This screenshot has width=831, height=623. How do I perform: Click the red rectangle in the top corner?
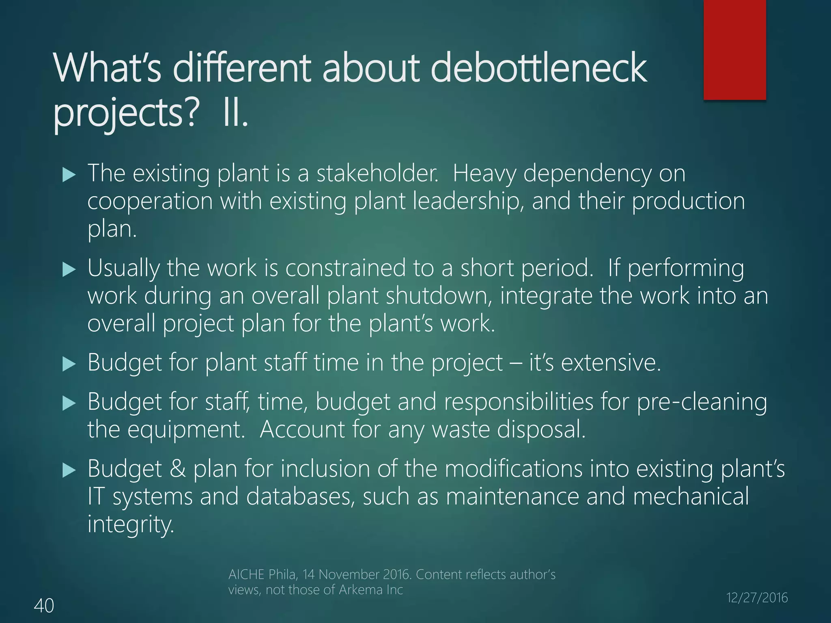point(734,49)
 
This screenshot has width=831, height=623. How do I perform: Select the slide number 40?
point(44,606)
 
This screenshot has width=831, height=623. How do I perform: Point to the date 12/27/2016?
point(757,597)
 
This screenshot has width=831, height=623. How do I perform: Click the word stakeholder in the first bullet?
point(377,174)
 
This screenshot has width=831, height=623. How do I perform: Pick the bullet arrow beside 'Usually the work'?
point(69,270)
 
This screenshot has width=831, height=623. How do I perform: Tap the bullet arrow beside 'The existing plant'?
point(69,175)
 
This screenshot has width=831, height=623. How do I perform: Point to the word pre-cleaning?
point(702,402)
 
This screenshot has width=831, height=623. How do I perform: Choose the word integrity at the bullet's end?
point(131,525)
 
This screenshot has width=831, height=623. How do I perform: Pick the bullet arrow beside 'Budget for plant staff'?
point(69,364)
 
